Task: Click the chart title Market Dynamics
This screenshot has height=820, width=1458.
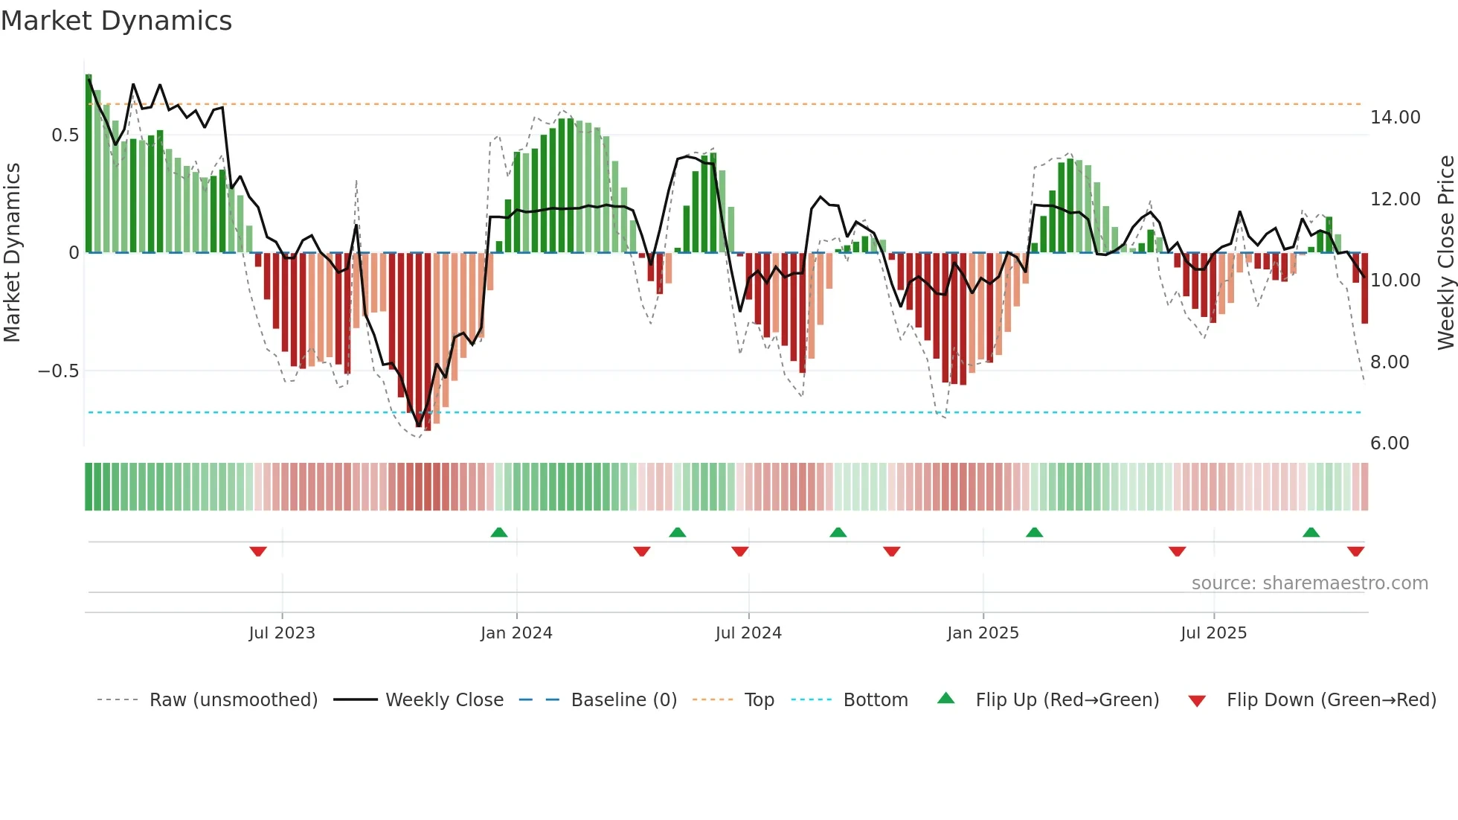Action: (x=117, y=21)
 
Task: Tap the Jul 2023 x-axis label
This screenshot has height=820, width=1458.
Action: (x=282, y=633)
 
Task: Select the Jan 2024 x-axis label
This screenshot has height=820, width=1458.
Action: (x=516, y=633)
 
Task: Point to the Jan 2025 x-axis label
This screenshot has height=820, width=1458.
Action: (x=983, y=633)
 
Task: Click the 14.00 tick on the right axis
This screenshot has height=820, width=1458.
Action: (x=1395, y=118)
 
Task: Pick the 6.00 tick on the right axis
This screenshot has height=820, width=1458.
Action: (x=1390, y=443)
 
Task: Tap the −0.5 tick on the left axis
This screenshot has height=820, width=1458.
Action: (x=59, y=371)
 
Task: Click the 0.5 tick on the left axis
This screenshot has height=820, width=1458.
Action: (x=65, y=135)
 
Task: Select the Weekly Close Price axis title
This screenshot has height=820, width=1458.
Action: (x=1445, y=252)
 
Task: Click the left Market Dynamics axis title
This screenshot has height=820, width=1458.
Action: (x=12, y=252)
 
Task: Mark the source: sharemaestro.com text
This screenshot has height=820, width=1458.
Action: (x=1309, y=583)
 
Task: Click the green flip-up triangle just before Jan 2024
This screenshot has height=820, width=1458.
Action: (x=499, y=533)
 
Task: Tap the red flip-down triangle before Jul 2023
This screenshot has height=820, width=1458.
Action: (x=258, y=551)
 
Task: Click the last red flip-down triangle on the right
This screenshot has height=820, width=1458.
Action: (x=1355, y=551)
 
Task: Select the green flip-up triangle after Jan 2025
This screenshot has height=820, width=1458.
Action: (x=1034, y=533)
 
